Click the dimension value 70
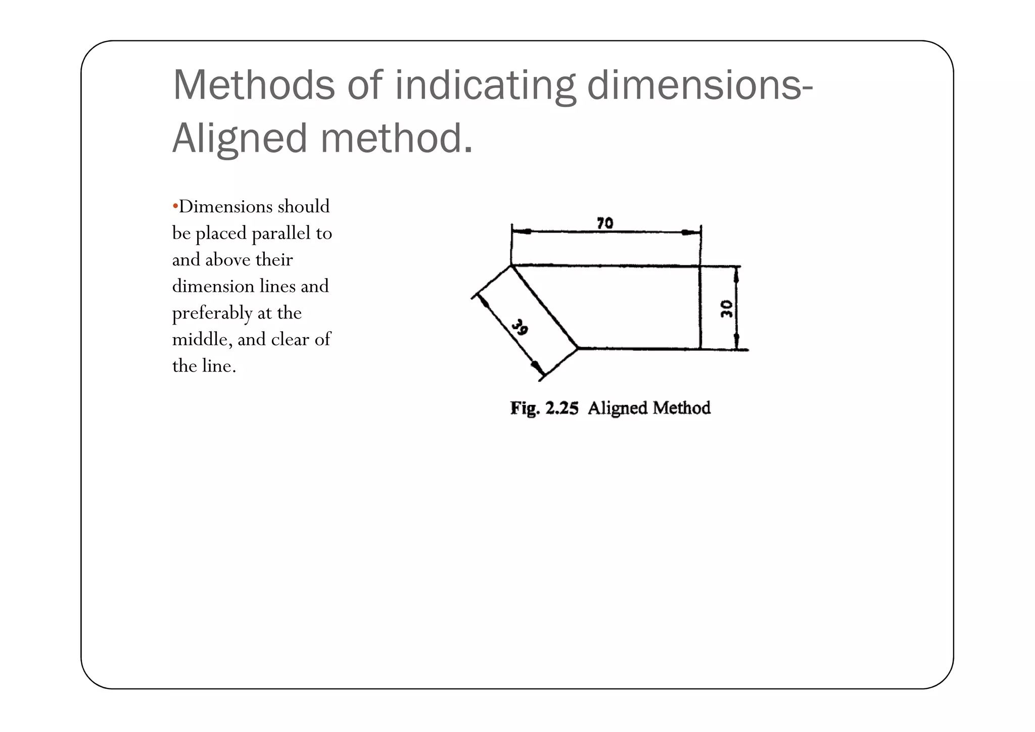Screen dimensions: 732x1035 [604, 223]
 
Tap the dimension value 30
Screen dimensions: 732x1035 [727, 308]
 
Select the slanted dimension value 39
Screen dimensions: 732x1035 [520, 328]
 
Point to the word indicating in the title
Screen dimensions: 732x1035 [485, 86]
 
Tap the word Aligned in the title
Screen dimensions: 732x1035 [240, 138]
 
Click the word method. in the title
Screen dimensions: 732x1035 [397, 138]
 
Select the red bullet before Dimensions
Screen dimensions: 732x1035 [175, 206]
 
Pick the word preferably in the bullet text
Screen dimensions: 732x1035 [212, 313]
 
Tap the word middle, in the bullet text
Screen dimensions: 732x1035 [202, 339]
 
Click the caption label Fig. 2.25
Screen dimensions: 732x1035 [544, 408]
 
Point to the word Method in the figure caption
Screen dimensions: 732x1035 [681, 407]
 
